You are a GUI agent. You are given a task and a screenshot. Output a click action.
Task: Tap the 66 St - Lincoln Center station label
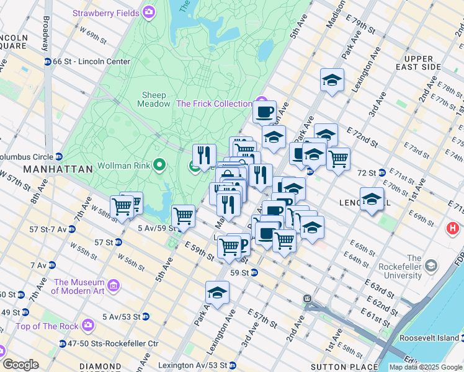(91, 61)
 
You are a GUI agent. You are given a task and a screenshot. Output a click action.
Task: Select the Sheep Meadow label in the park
(154, 99)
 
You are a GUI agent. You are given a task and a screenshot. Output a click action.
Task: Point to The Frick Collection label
(214, 104)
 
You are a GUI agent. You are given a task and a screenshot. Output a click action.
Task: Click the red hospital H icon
(453, 229)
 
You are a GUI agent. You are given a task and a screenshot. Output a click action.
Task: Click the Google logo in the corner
(20, 365)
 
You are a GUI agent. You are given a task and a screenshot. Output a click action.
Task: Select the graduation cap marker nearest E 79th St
(332, 81)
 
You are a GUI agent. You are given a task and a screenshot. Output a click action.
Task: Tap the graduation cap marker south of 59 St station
(217, 293)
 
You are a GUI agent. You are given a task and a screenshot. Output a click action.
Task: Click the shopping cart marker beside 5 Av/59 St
(183, 216)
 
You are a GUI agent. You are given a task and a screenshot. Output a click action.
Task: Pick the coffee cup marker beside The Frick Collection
(264, 112)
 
